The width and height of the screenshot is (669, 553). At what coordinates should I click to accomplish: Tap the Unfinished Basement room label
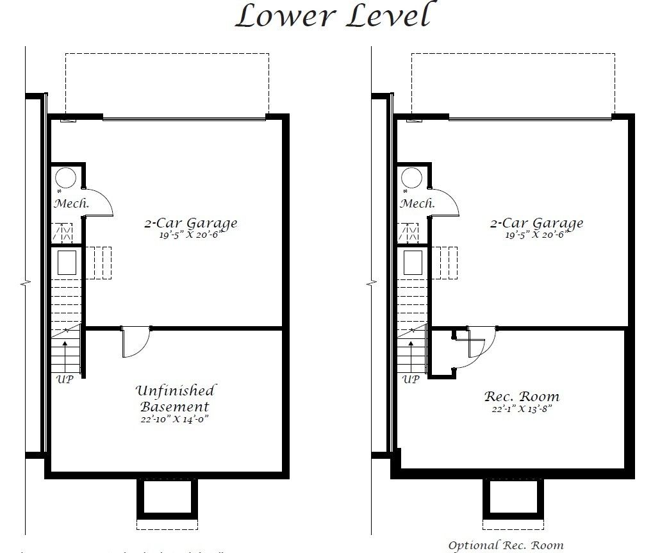point(175,399)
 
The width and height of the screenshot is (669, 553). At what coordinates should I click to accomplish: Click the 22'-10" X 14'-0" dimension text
point(175,419)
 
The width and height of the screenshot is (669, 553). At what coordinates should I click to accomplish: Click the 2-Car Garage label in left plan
point(190,223)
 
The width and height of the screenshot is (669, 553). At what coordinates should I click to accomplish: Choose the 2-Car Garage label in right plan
point(536,223)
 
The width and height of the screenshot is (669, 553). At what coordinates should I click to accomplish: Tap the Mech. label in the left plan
point(71,204)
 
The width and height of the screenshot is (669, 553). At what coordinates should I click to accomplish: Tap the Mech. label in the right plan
point(417,204)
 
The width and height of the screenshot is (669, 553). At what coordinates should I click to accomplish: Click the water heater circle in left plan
point(65,177)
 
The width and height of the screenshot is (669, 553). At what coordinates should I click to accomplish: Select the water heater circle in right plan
point(411,177)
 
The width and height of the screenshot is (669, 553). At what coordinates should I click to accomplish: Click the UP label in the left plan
point(65,379)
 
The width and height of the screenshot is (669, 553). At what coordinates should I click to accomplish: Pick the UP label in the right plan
point(411,379)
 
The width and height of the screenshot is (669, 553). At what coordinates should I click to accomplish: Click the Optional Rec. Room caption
point(506,545)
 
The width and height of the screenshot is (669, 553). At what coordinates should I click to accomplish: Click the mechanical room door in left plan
point(99,202)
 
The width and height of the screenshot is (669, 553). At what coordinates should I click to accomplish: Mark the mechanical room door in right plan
point(445,202)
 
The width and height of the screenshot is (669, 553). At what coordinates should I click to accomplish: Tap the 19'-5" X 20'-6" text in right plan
point(536,235)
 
